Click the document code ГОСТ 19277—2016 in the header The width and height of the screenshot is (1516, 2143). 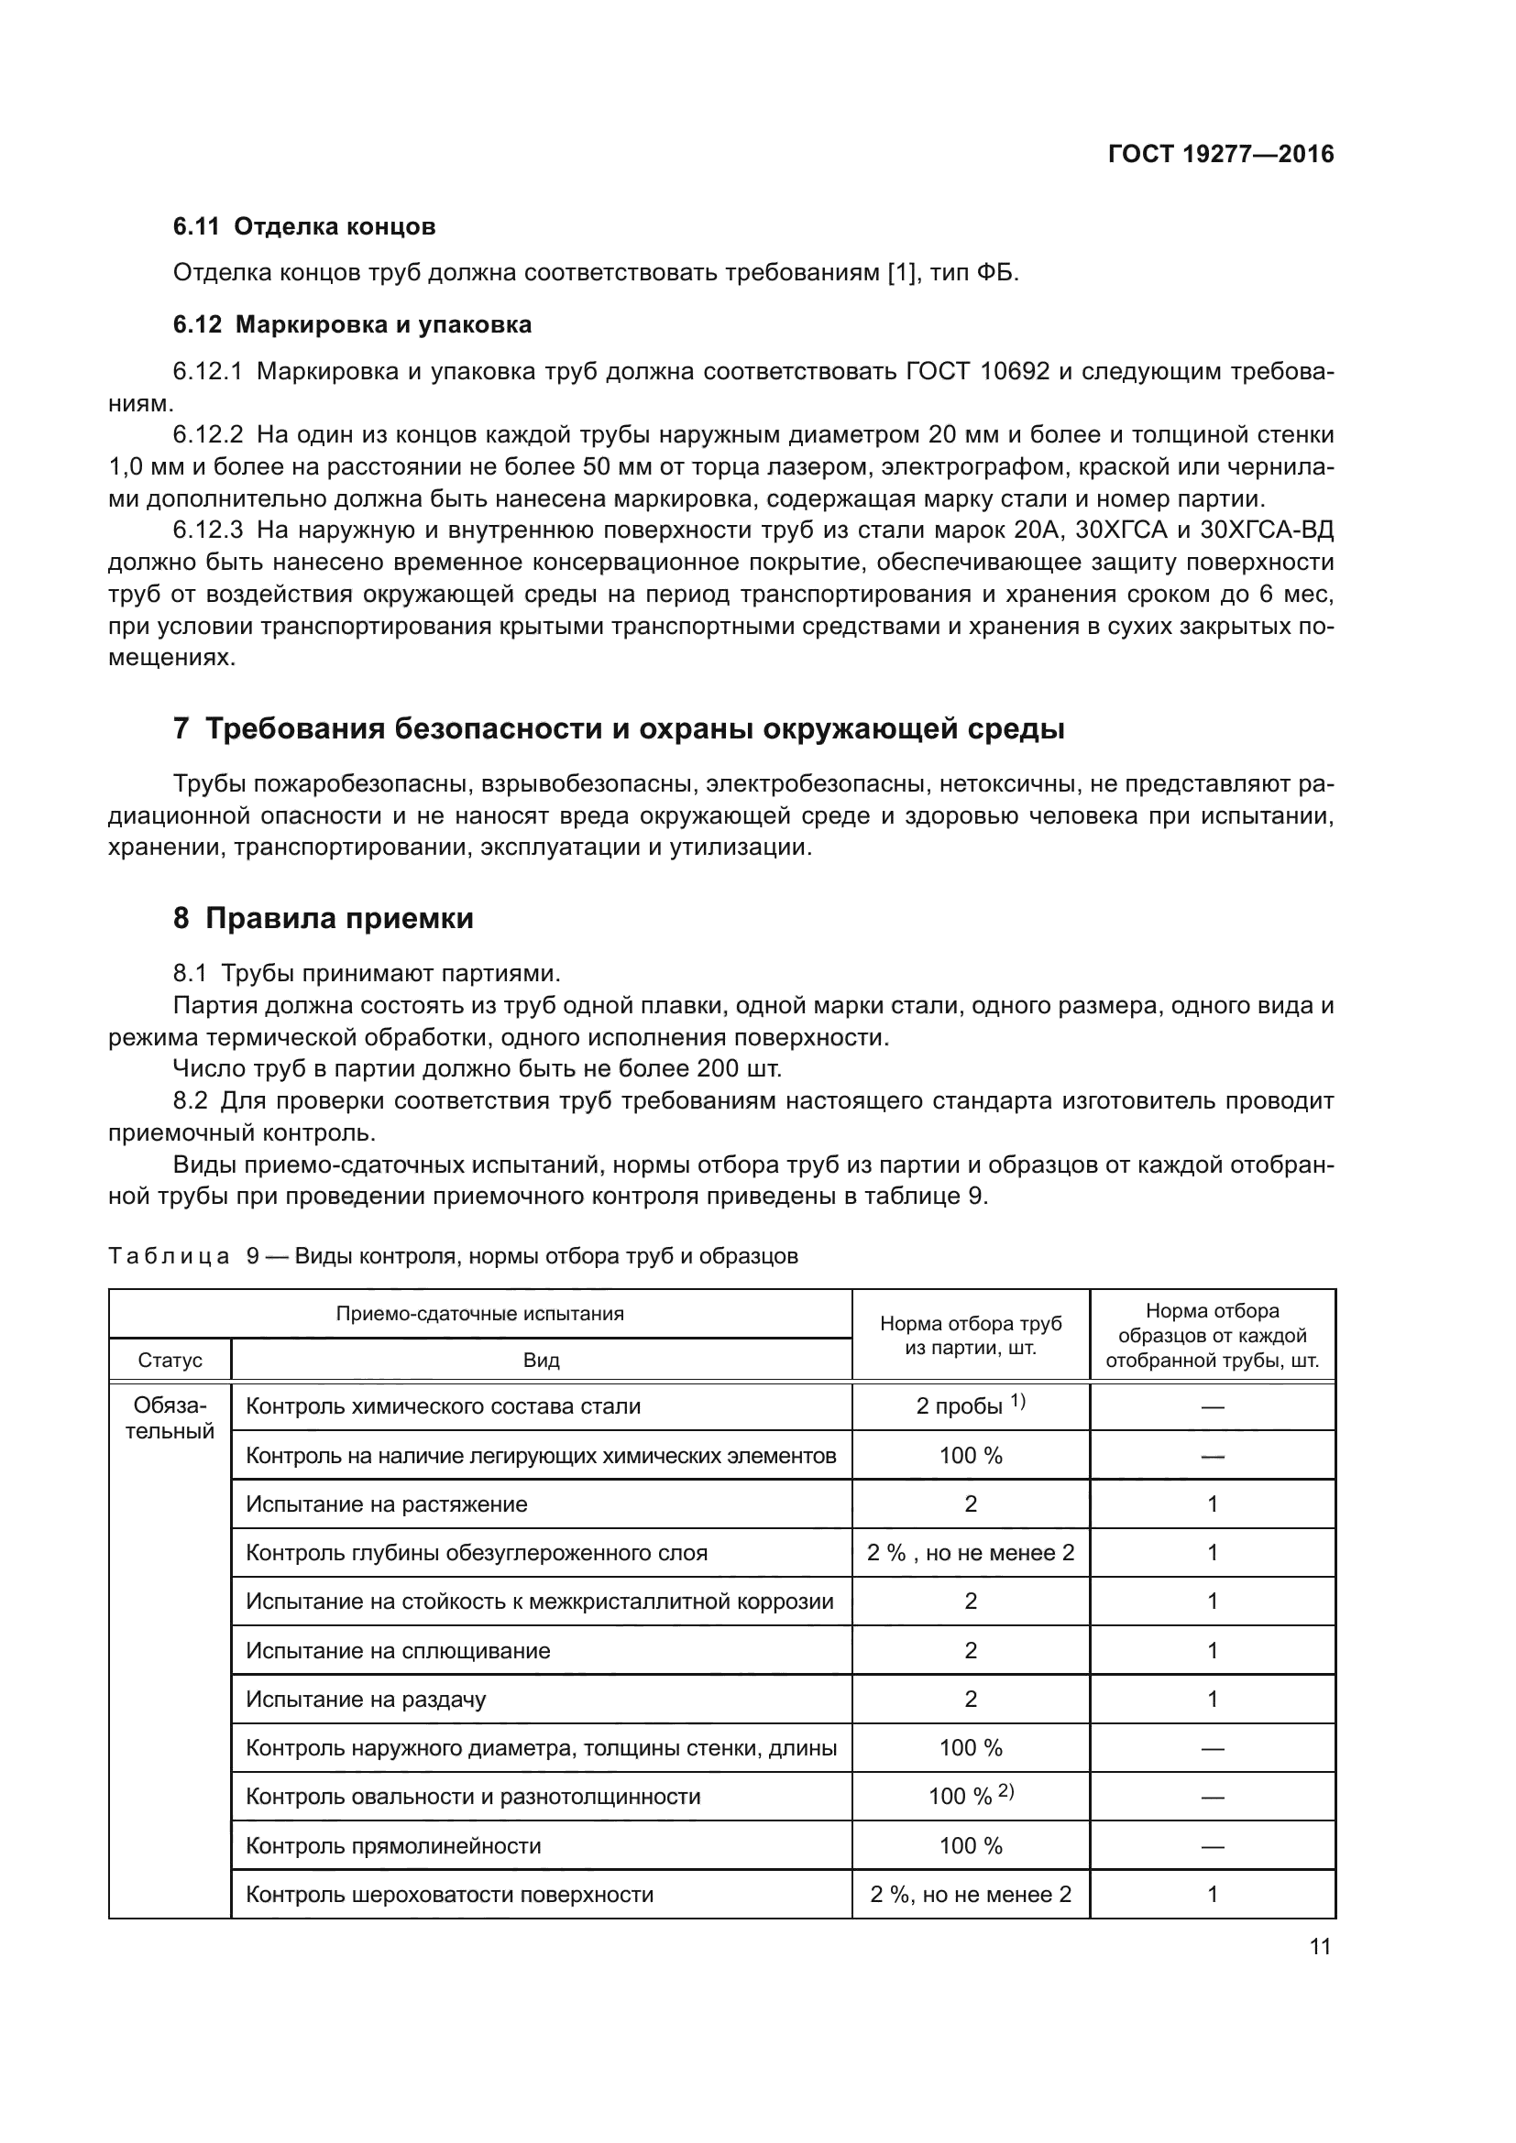point(1220,154)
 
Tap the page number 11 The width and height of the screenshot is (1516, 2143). point(1319,1946)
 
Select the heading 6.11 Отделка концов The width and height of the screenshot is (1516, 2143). point(304,227)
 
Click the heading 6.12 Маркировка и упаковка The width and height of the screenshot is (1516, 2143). point(352,325)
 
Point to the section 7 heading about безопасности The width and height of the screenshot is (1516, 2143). point(618,728)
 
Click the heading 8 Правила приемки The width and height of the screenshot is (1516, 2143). point(323,918)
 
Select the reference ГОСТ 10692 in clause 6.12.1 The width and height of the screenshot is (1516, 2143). point(977,371)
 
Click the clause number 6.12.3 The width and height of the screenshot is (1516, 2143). point(207,530)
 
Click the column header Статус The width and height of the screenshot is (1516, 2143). point(170,1360)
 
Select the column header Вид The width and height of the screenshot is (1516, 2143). point(541,1360)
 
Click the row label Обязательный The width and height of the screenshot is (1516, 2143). point(170,1417)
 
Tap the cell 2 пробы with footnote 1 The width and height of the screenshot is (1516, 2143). point(970,1405)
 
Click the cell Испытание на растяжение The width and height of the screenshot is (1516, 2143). point(387,1503)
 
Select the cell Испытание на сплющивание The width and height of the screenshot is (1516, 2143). point(398,1650)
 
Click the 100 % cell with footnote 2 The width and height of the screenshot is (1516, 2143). point(970,1797)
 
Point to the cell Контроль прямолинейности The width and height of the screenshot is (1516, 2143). point(393,1845)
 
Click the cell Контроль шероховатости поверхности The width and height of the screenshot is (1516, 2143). point(449,1894)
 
